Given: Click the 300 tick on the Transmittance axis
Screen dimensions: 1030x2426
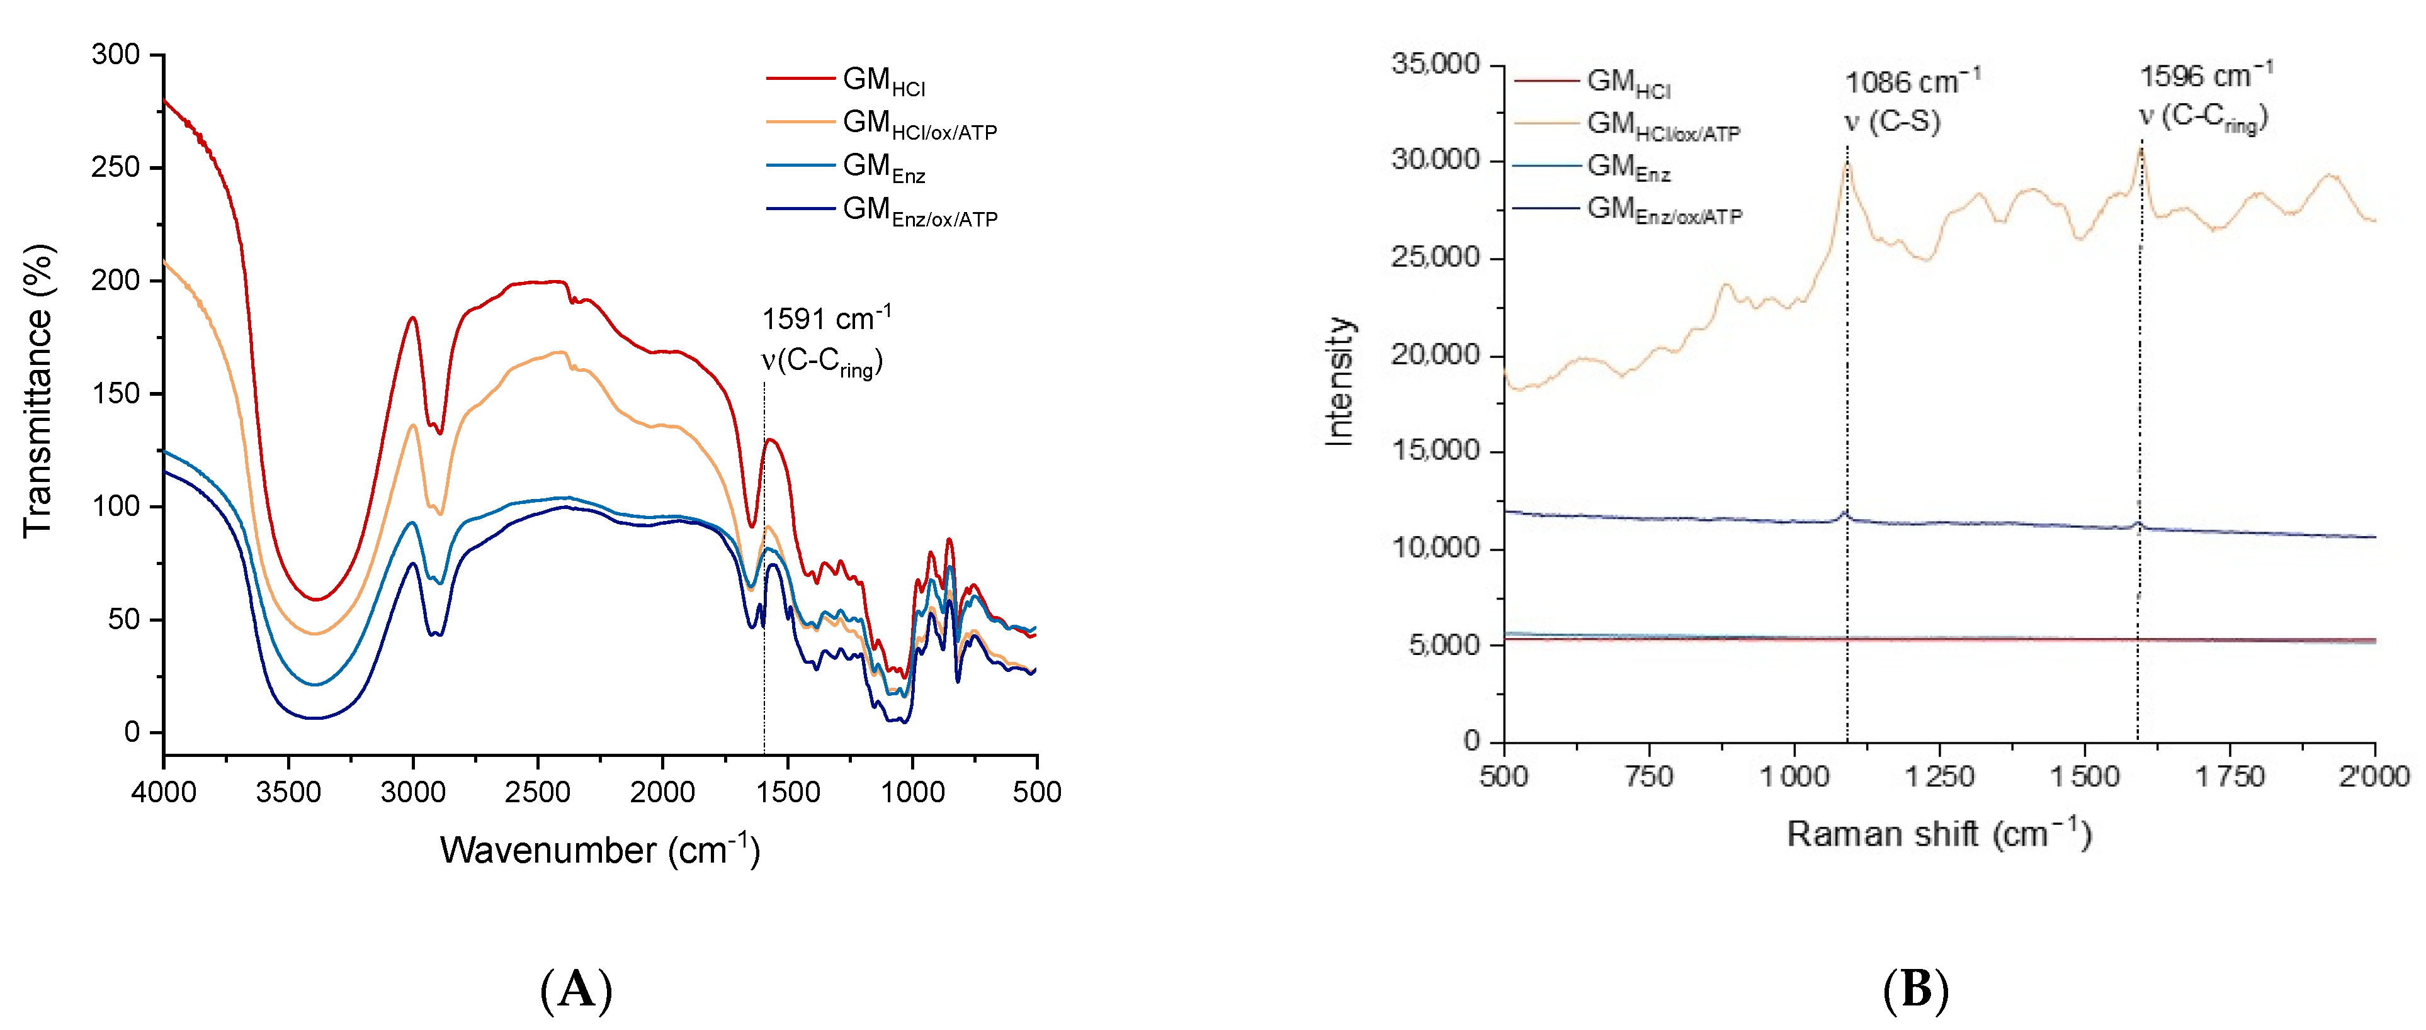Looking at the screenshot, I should pyautogui.click(x=116, y=55).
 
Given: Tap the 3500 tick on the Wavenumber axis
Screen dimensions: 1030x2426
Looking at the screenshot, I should pyautogui.click(x=288, y=792).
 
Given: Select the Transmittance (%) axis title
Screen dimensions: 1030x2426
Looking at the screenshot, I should pyautogui.click(x=38, y=391).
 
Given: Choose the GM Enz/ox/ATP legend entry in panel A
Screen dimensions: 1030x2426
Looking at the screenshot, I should pyautogui.click(x=919, y=210).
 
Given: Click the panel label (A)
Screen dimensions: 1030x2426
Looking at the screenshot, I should pyautogui.click(x=576, y=990).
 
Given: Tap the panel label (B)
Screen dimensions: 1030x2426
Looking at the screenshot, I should pyautogui.click(x=1915, y=990).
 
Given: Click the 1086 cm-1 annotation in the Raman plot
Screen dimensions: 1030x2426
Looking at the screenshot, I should pyautogui.click(x=1912, y=82).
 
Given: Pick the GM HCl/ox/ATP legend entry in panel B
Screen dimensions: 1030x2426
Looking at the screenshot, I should pyautogui.click(x=1663, y=125).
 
